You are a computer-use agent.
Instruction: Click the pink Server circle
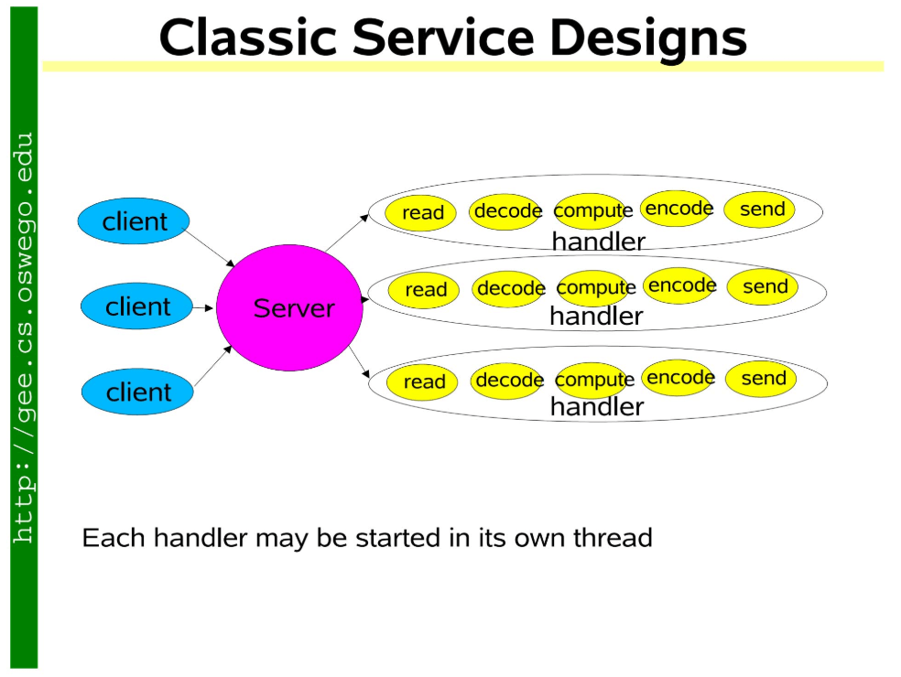click(x=289, y=307)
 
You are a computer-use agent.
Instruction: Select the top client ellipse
click(x=134, y=221)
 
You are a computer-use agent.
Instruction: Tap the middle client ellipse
click(x=136, y=306)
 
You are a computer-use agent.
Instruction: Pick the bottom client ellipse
click(x=137, y=392)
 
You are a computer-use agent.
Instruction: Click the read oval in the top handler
click(x=420, y=212)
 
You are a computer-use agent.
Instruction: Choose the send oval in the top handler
click(x=759, y=209)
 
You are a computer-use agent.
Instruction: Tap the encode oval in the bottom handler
click(x=678, y=377)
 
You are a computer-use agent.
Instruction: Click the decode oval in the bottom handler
click(x=507, y=381)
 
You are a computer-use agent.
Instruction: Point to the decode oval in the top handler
click(x=505, y=211)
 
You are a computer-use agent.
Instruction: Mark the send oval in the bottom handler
click(x=761, y=379)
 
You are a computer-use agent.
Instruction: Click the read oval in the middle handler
click(x=424, y=289)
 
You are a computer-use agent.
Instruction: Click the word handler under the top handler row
click(x=598, y=242)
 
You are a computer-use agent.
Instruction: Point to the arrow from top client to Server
click(x=209, y=248)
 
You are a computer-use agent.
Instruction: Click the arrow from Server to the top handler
click(x=347, y=232)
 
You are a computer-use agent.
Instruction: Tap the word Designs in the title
click(x=648, y=38)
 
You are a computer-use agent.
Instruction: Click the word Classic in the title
click(x=247, y=38)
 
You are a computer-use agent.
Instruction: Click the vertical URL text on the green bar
click(x=24, y=338)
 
